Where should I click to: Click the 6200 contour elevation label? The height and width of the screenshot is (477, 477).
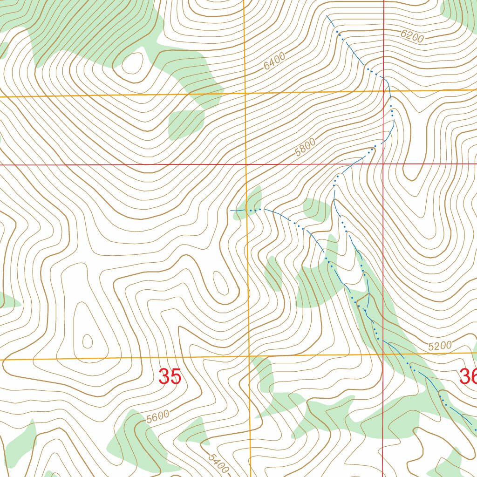point(411,36)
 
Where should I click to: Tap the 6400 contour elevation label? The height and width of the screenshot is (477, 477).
point(274,62)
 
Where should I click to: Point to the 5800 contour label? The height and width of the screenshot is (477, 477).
point(305,147)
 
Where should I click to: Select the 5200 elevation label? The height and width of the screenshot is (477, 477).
point(440,346)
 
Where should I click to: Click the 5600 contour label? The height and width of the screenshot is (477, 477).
point(157,416)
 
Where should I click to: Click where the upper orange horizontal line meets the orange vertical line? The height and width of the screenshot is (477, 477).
point(245,93)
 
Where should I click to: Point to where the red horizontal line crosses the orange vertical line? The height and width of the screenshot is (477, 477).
point(246,164)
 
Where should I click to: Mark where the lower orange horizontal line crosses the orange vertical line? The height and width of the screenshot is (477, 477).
point(249,357)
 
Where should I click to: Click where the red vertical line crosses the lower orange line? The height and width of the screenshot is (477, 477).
point(383,354)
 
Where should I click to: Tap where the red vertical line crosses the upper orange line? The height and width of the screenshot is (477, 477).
point(383,91)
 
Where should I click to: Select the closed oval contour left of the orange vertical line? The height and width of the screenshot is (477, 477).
point(219,281)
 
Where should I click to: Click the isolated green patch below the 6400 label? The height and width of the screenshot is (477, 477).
point(185,124)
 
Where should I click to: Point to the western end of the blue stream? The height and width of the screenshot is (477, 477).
point(231,211)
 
